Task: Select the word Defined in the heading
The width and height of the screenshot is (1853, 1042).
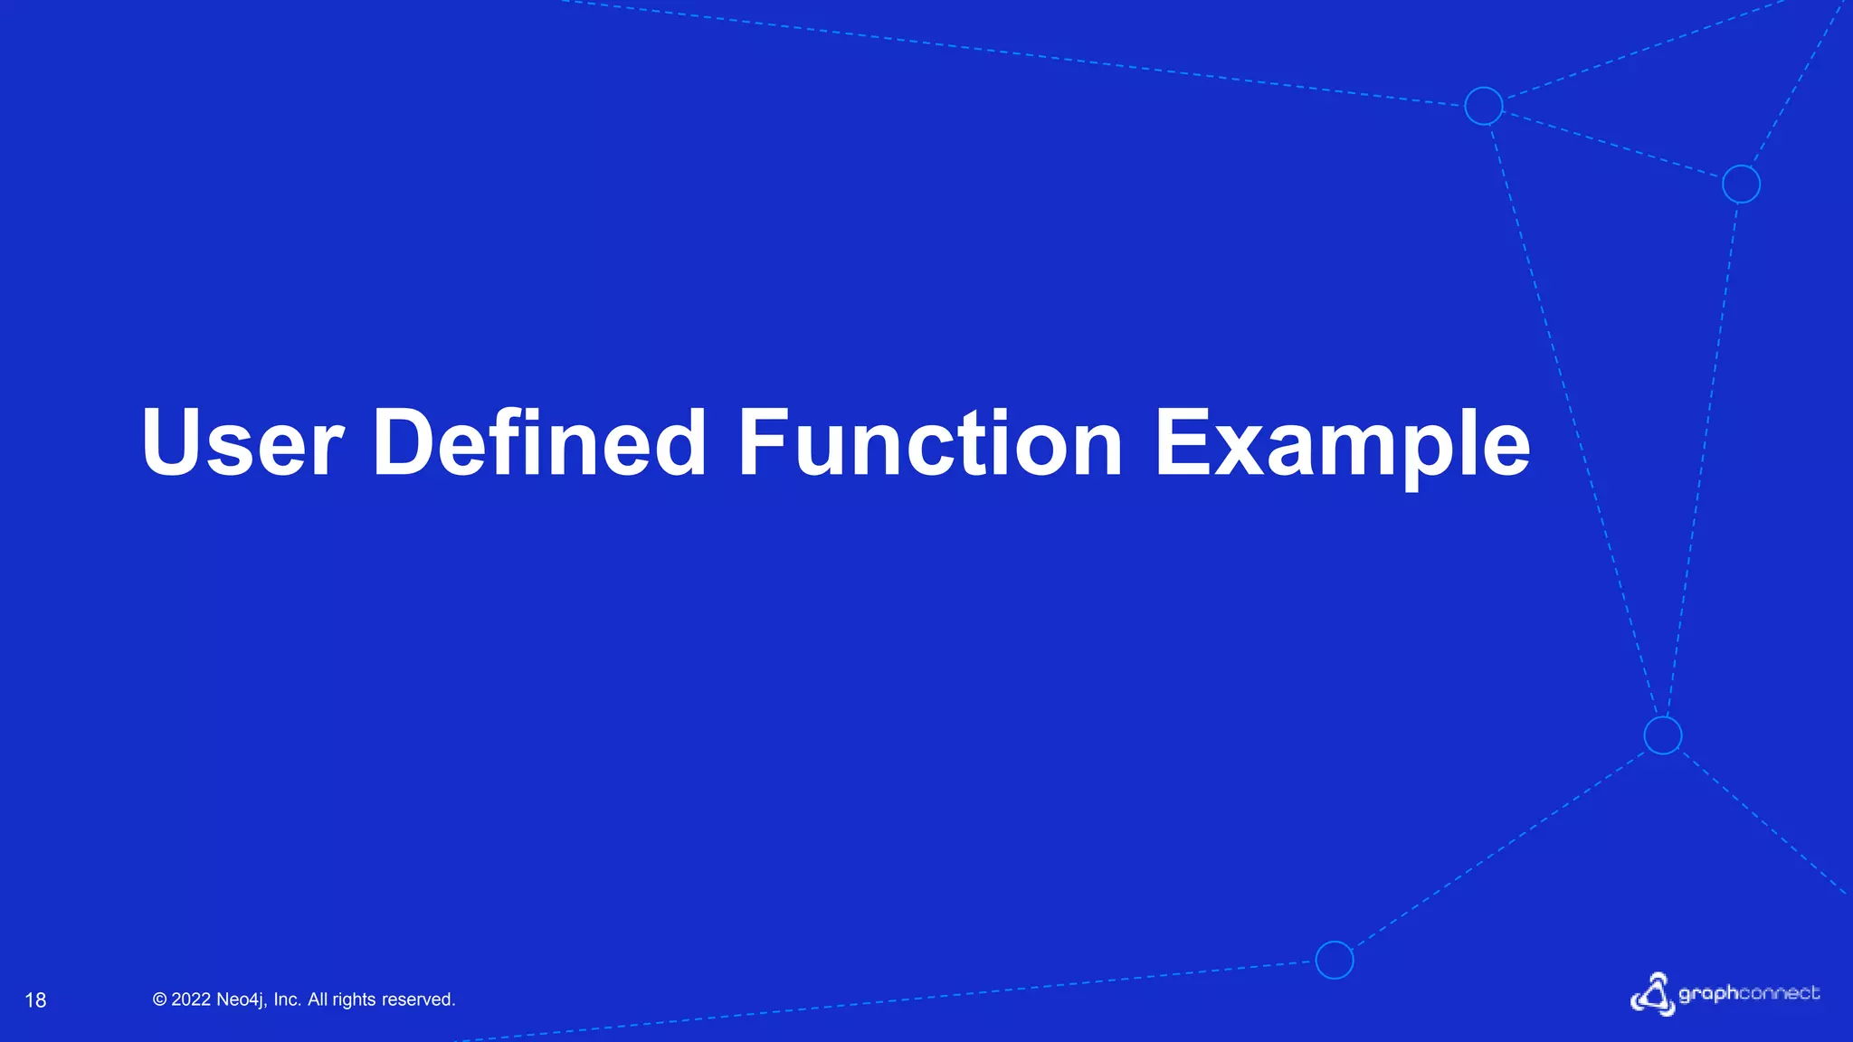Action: tap(539, 443)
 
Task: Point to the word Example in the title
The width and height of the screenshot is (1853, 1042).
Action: tap(1342, 443)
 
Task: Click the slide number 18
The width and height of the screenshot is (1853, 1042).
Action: tap(35, 1000)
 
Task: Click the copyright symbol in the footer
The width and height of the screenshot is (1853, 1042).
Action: tap(160, 999)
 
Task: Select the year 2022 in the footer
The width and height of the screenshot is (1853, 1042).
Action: tap(191, 999)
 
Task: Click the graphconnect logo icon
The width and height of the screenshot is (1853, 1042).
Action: tap(1652, 995)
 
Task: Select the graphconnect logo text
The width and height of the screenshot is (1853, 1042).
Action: tap(1749, 994)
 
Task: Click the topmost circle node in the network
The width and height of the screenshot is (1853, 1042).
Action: tap(1484, 106)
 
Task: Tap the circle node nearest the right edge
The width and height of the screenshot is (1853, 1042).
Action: tap(1741, 185)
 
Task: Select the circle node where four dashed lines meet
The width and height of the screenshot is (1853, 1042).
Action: tap(1663, 735)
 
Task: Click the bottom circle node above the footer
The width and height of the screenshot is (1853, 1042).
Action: tap(1335, 960)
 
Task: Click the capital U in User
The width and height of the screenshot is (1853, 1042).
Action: tap(173, 443)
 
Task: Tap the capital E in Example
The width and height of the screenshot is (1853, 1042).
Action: tap(1182, 443)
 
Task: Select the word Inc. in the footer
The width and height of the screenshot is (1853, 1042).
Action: tap(287, 999)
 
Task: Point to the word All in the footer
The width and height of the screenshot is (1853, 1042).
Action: tap(318, 999)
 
